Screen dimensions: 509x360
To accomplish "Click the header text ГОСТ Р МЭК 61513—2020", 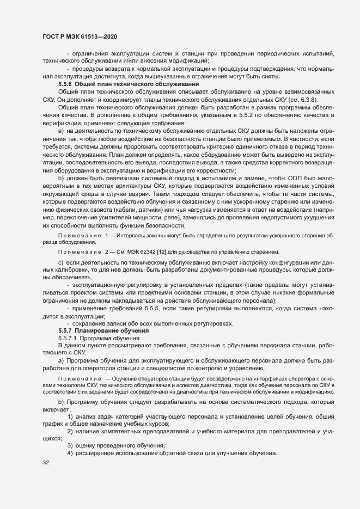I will click(80, 36).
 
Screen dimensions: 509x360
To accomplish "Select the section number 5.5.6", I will click(65, 84).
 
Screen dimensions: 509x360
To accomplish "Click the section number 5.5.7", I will click(65, 330).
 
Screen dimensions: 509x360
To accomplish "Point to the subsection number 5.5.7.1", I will click(69, 338).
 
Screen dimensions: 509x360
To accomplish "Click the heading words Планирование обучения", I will click(108, 330).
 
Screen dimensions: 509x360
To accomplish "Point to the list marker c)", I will click(61, 263).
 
